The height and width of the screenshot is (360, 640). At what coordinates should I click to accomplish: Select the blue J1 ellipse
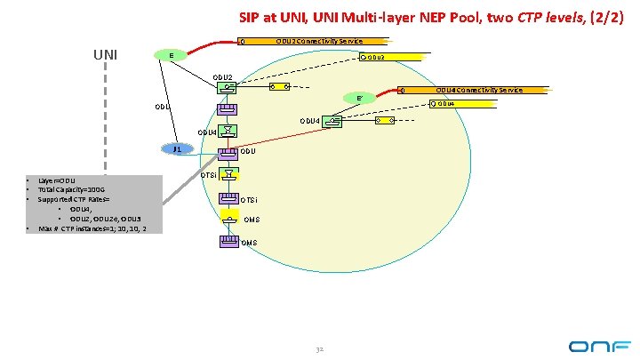[178, 149]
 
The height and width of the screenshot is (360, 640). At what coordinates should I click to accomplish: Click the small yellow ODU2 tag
[373, 58]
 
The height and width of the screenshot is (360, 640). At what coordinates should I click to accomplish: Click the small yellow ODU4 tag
[444, 104]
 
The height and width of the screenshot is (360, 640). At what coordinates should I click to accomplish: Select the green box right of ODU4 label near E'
[332, 120]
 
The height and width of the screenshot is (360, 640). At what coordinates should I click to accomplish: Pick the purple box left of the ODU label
[228, 153]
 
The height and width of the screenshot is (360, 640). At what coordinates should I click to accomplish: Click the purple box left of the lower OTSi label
[228, 198]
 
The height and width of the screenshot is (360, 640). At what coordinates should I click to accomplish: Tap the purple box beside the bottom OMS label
[228, 241]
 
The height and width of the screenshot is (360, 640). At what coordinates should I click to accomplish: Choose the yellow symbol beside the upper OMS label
[228, 219]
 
